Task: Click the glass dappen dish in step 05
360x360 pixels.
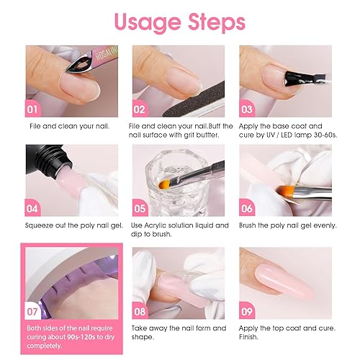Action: tap(173, 184)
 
